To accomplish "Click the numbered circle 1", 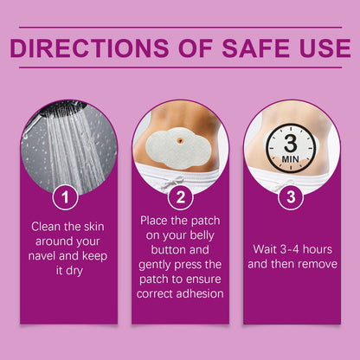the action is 65,197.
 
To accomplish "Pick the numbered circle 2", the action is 181,197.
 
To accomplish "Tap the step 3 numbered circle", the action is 291,196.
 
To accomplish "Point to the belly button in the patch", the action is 180,140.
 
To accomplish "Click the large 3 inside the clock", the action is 290,144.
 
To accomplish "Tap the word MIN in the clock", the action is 290,159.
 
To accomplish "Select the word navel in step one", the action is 42,256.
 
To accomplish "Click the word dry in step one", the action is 74,271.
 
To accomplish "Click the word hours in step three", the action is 318,249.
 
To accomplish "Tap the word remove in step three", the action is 319,264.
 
